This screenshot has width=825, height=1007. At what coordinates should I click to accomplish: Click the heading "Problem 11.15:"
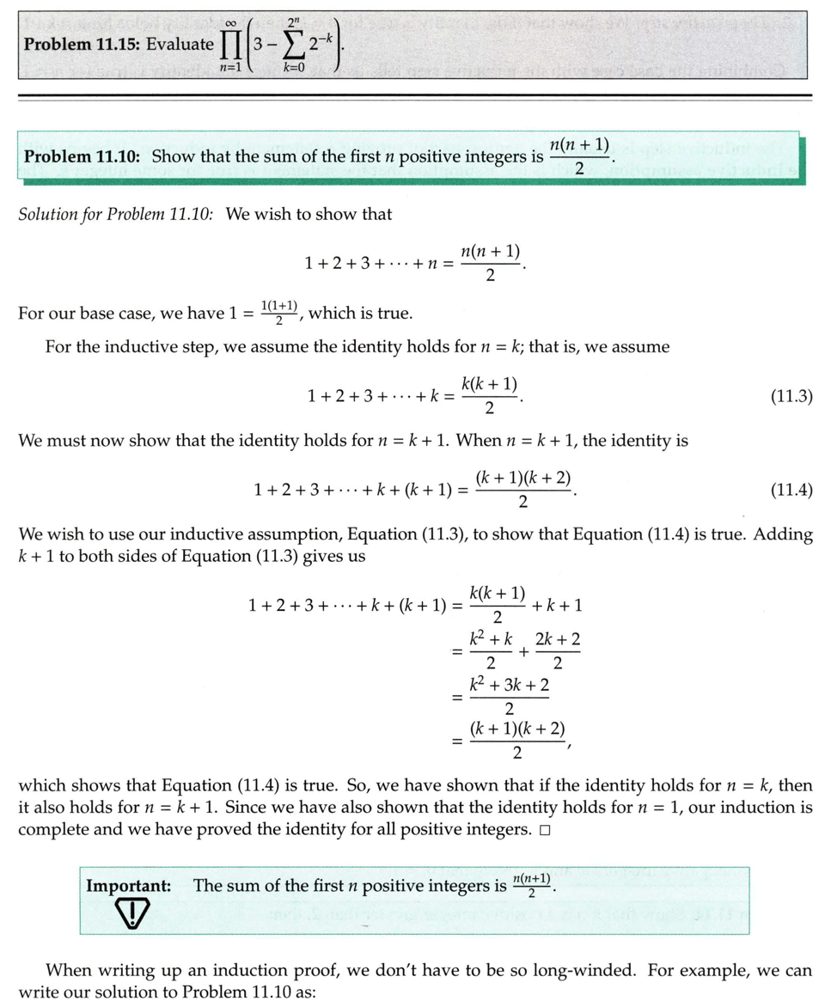click(x=81, y=45)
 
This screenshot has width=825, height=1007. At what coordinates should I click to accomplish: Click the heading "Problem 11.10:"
click(x=82, y=156)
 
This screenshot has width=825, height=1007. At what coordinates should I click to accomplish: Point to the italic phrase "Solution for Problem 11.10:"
click(x=116, y=213)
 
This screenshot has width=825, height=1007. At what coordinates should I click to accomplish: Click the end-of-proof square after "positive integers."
click(x=546, y=831)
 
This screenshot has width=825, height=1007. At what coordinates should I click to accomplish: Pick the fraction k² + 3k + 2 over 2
click(x=510, y=696)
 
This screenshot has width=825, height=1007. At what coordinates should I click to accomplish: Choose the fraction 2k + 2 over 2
click(x=557, y=650)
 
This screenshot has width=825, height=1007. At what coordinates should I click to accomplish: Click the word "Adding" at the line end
click(x=783, y=534)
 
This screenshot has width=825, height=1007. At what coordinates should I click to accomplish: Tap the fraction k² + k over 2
click(x=491, y=650)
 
